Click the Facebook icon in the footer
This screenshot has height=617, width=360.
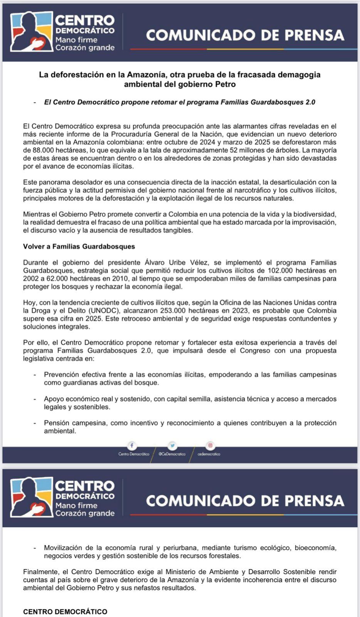131,445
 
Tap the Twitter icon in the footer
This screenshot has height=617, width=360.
172,445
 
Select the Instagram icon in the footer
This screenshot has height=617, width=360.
210,445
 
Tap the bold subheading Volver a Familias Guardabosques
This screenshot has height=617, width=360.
79,246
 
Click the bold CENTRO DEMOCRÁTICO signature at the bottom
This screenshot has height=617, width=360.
65,612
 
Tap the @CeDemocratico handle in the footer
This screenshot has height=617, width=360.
172,454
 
